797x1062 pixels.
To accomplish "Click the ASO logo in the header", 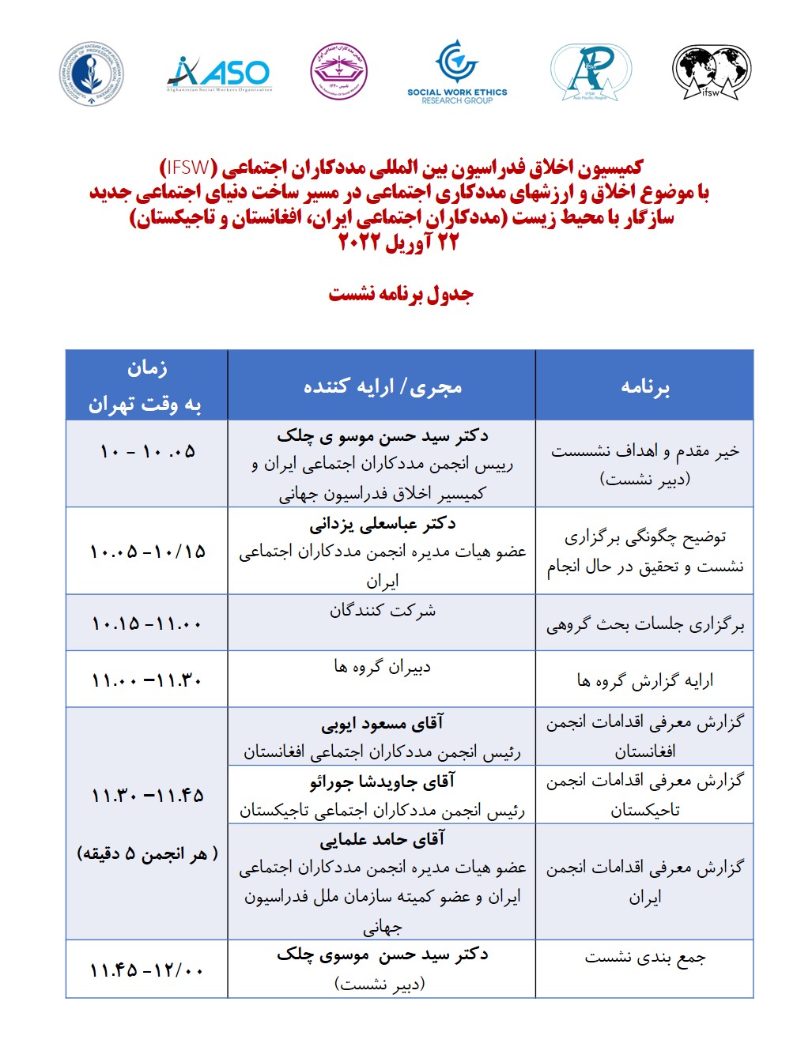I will pos(219,73).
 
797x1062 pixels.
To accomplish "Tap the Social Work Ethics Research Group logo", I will pos(457,72).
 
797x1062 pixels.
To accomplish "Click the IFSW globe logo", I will pos(712,72).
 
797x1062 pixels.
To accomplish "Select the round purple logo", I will pos(339,72).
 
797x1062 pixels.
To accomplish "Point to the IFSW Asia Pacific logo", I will pos(590,72).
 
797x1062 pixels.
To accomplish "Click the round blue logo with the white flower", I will pos(92,73).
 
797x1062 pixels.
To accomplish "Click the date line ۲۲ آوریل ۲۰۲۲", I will pos(398,242).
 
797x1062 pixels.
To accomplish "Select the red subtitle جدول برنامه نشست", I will pos(401,294).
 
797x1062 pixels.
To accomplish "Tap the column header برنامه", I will pos(644,386).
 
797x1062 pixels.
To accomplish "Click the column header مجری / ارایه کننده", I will pos(382,386).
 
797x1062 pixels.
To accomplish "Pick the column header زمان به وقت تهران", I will pos(146,386).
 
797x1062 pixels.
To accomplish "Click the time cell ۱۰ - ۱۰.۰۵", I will pos(147,452).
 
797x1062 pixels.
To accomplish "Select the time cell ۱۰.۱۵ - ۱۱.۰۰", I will pos(147,624).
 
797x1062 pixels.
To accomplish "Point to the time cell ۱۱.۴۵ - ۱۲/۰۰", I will pos(147,970).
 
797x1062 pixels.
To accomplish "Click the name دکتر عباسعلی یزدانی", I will pos(382,523).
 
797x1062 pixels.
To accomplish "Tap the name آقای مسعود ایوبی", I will pos(382,723).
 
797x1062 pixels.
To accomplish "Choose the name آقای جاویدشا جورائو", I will pos(382,781).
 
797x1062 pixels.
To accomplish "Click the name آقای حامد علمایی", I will pos(382,839).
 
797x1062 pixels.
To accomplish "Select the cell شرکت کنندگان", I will pos(382,611).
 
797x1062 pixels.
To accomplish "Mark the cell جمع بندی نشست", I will pos(644,958).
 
